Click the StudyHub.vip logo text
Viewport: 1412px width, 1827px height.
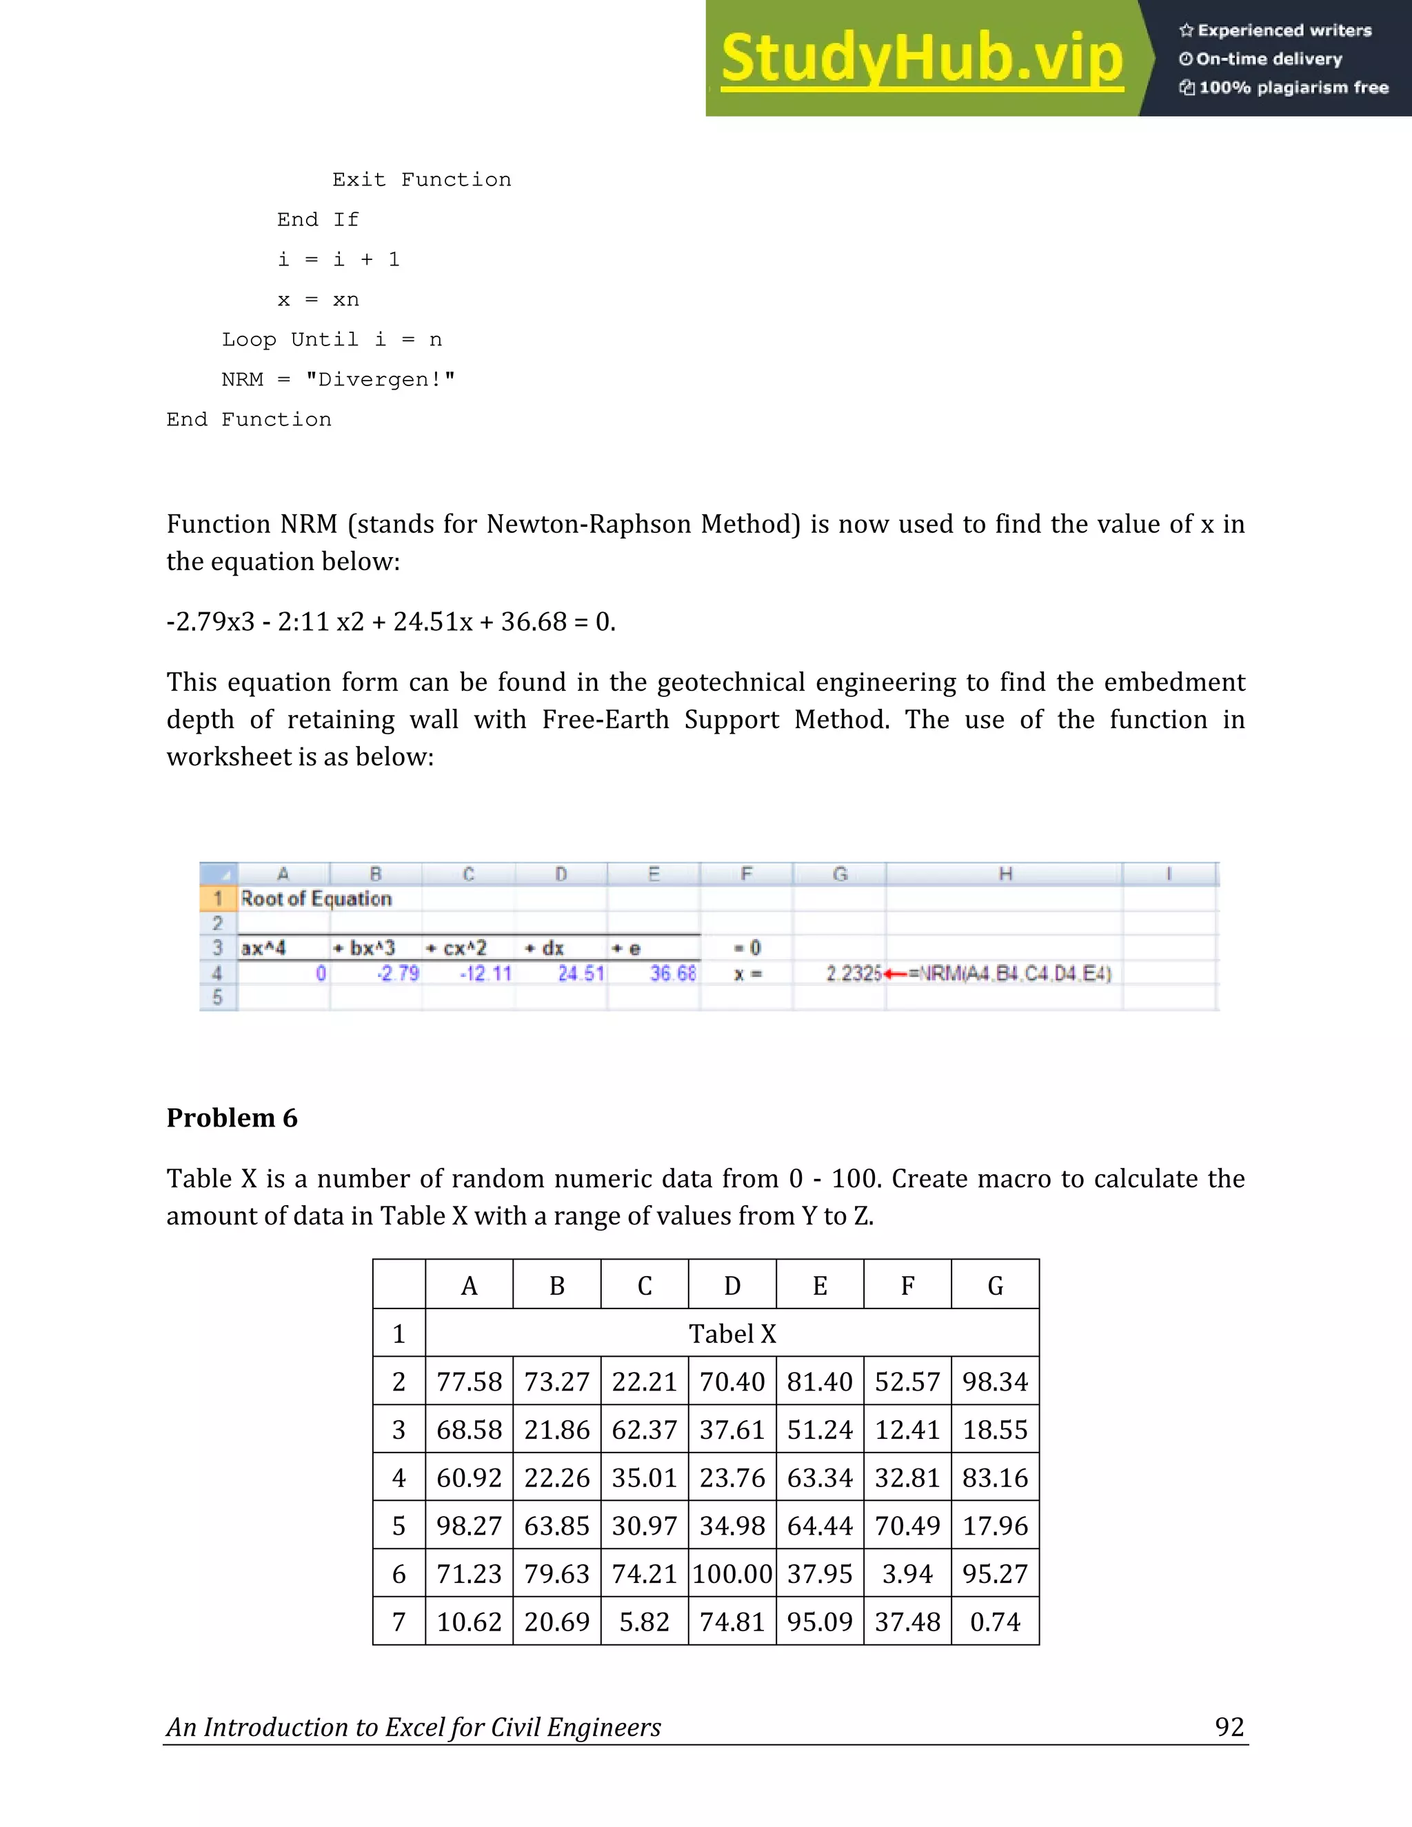pyautogui.click(x=921, y=59)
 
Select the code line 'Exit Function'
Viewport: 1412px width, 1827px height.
pyautogui.click(x=421, y=180)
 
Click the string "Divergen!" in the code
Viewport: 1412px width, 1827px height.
pyautogui.click(x=380, y=380)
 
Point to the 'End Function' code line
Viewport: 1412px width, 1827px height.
pyautogui.click(x=248, y=420)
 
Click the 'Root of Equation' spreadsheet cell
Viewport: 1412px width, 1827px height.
pyautogui.click(x=316, y=899)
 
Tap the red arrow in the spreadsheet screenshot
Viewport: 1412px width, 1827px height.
pyautogui.click(x=896, y=973)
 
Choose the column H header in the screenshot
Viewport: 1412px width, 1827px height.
pyautogui.click(x=1005, y=874)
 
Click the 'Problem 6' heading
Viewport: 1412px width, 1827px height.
pyautogui.click(x=232, y=1118)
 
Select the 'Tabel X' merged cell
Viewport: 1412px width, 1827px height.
pyautogui.click(x=732, y=1333)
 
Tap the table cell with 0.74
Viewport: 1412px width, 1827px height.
pyautogui.click(x=995, y=1622)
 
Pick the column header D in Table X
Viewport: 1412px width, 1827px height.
pyautogui.click(x=732, y=1286)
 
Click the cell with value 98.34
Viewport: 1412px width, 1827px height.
pyautogui.click(x=995, y=1382)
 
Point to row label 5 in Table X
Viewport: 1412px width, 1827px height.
pyautogui.click(x=399, y=1526)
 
